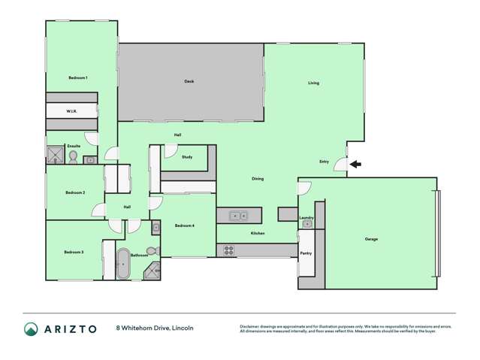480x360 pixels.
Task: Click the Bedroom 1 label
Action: point(78,77)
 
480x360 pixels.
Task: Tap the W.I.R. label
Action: point(71,111)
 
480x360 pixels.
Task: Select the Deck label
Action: point(189,81)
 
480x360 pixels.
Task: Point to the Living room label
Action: point(314,83)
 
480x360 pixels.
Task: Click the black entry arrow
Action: point(355,164)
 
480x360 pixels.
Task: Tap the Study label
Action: point(187,157)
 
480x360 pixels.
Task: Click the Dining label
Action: point(258,178)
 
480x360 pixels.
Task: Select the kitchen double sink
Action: point(240,216)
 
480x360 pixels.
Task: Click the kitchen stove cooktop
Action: point(228,250)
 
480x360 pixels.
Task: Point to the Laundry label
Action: point(306,217)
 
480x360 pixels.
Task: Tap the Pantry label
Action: point(306,253)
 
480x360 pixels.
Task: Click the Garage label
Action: point(371,239)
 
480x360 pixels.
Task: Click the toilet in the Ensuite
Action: point(73,156)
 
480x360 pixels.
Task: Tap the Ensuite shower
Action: point(56,156)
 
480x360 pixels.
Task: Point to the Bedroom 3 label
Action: point(73,252)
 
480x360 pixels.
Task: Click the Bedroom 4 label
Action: point(185,225)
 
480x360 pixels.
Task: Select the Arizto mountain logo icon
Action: point(31,329)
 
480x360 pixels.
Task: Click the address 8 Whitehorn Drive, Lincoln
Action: point(155,328)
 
